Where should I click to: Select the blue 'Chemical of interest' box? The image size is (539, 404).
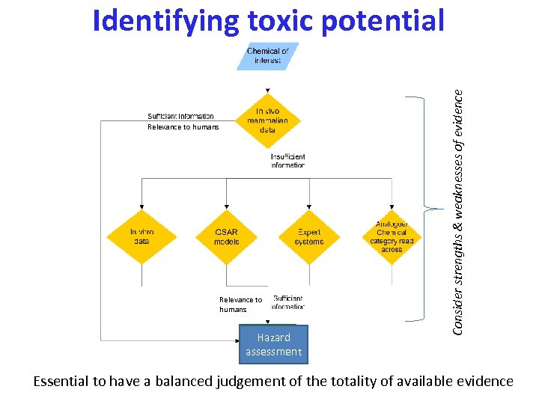(x=268, y=56)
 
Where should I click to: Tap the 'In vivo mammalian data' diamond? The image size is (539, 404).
(x=268, y=120)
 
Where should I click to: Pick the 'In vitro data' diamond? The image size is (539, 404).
(x=141, y=236)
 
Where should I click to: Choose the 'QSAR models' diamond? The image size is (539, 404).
(x=226, y=236)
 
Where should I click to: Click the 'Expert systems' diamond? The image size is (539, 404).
(x=309, y=236)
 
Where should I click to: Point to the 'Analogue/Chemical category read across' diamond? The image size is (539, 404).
(x=392, y=236)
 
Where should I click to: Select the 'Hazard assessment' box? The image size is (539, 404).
(x=273, y=345)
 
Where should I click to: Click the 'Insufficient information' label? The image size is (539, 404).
(x=287, y=161)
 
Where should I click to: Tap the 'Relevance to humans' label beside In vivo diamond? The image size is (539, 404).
(x=183, y=127)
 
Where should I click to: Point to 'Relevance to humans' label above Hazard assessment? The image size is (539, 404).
(x=240, y=304)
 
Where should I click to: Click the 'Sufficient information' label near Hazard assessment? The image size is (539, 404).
(x=288, y=302)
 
